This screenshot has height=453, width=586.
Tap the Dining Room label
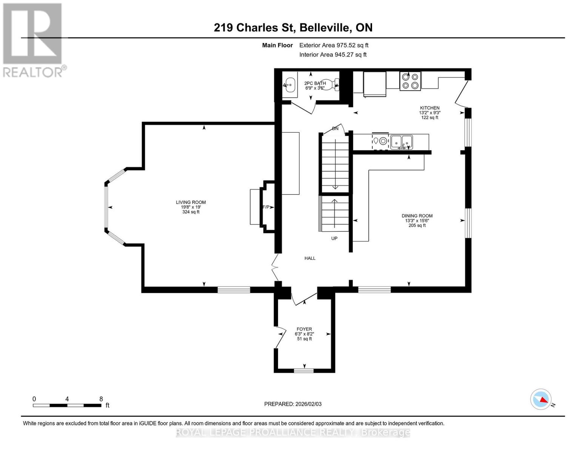[417, 216]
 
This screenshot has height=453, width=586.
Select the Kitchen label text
[429, 108]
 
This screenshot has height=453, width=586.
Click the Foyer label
[304, 329]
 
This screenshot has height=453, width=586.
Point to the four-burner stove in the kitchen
[410, 81]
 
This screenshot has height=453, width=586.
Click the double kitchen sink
[401, 142]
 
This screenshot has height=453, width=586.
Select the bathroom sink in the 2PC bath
[290, 85]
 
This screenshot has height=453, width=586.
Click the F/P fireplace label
[266, 207]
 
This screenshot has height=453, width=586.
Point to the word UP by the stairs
[334, 239]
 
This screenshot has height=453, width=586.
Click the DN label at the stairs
[335, 129]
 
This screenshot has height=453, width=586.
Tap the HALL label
[310, 258]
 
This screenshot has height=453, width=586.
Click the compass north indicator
[541, 399]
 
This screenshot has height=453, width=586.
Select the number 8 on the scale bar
[101, 399]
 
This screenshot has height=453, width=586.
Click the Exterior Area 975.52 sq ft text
[334, 45]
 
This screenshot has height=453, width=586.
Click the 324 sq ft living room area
[191, 212]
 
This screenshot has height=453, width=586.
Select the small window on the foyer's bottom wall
[304, 370]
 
